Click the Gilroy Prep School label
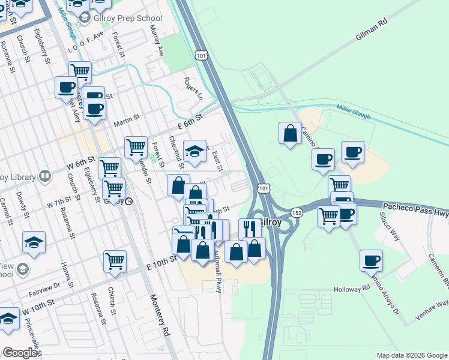pos(128,18)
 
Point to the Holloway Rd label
pos(352,289)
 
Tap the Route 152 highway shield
pos(297,213)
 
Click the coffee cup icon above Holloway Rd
pos(371,260)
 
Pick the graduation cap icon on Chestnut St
pos(194,152)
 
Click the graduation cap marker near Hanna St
pos(34,242)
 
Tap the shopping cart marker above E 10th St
pos(115,261)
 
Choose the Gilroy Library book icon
pos(45,176)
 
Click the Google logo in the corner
pos(20,353)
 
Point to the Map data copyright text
pos(411,355)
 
